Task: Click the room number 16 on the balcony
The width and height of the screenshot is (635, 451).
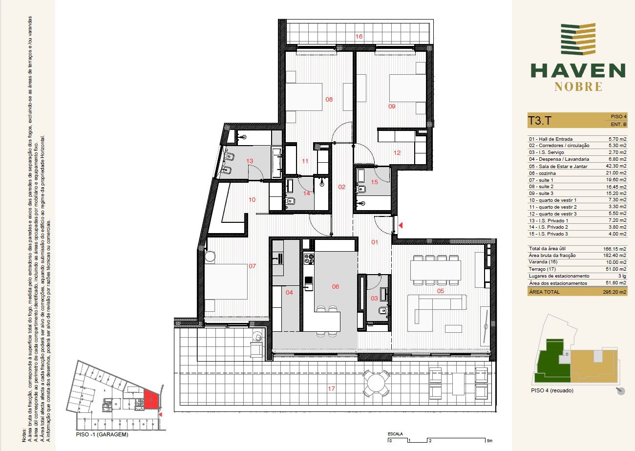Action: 359,36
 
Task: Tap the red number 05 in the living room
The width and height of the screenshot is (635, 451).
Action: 440,291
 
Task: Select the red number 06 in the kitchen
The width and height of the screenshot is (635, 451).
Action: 336,286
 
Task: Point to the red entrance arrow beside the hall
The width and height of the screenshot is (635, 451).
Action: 401,225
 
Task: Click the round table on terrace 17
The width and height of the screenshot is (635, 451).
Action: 377,383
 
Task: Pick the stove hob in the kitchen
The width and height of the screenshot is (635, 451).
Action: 309,259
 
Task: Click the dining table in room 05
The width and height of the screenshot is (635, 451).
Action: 435,270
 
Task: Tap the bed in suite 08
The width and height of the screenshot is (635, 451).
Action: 304,97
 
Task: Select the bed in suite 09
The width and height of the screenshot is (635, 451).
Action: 408,89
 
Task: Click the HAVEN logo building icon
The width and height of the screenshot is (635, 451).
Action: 578,39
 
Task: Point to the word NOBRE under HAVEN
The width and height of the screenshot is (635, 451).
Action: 578,87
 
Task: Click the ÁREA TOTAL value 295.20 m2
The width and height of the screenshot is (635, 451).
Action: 614,292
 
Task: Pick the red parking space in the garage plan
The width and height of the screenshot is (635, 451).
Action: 150,399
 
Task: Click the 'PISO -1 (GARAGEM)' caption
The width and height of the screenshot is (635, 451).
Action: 102,434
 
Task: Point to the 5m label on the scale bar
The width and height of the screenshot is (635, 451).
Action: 489,441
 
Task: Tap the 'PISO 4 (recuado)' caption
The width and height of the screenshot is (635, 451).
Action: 552,390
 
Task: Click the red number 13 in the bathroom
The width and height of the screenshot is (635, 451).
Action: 250,161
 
